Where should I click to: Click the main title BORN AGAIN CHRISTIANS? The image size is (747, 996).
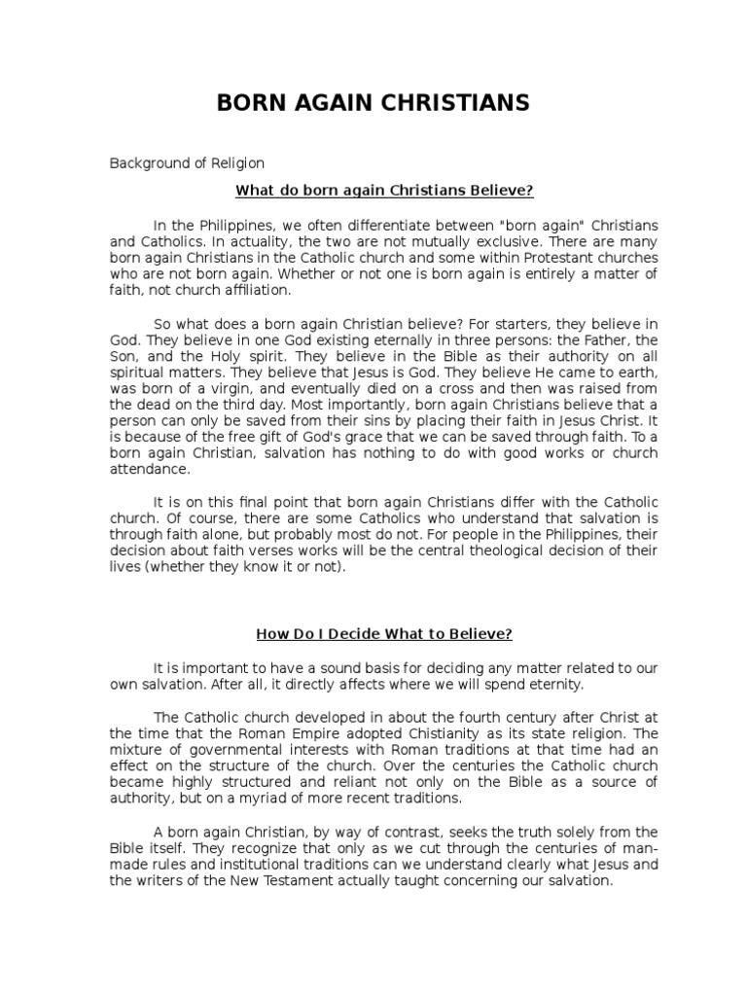pyautogui.click(x=373, y=104)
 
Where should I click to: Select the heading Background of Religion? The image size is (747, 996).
pyautogui.click(x=186, y=163)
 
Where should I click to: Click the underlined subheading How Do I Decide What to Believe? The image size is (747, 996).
pyautogui.click(x=383, y=634)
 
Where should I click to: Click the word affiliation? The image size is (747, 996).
pyautogui.click(x=248, y=290)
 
